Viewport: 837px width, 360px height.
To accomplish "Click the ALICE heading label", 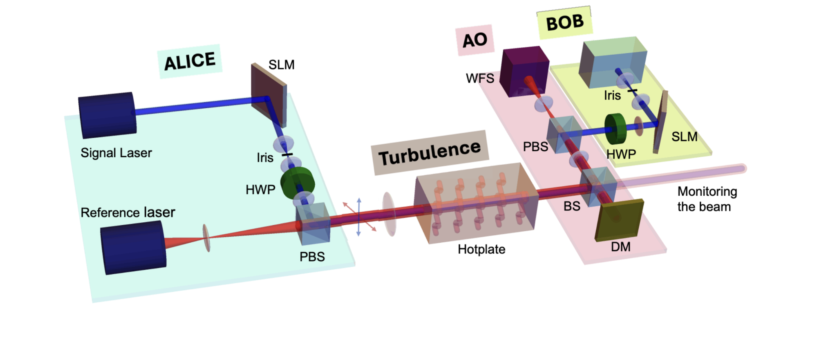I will (x=190, y=61).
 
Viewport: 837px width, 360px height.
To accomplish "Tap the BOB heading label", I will (x=564, y=22).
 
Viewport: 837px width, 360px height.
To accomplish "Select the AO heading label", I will (x=474, y=40).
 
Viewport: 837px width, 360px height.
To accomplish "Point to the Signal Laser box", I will (x=107, y=115).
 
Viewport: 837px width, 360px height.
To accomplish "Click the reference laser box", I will (x=133, y=247).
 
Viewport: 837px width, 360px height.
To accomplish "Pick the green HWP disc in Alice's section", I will (x=297, y=183).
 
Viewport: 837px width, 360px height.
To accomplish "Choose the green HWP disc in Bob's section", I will (x=615, y=129).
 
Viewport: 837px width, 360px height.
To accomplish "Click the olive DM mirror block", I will (x=619, y=220).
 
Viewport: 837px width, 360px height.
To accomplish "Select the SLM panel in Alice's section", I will (x=268, y=95).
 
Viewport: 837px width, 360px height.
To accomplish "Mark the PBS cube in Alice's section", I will (x=313, y=223).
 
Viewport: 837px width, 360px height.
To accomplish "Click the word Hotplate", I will (x=481, y=249).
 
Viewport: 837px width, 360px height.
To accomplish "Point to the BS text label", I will (x=572, y=206).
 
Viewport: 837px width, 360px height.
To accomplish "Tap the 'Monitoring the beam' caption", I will (x=707, y=199).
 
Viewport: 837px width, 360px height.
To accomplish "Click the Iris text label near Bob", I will (x=612, y=96).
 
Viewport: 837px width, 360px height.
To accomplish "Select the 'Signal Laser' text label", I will (x=116, y=153).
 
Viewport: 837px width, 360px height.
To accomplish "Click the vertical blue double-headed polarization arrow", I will (x=358, y=217).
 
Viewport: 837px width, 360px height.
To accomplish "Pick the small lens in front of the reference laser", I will (x=207, y=238).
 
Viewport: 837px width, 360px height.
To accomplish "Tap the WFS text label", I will (x=480, y=78).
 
